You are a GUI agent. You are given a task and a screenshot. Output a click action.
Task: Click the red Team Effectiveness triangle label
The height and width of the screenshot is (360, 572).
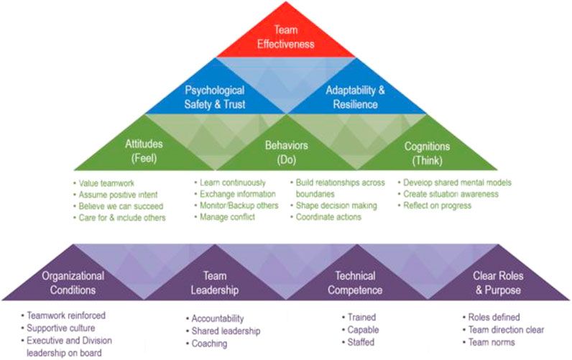[287, 36]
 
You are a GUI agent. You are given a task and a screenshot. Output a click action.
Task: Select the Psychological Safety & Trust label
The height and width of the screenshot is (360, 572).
[215, 97]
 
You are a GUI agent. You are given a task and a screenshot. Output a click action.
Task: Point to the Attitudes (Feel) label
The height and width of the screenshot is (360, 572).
[142, 152]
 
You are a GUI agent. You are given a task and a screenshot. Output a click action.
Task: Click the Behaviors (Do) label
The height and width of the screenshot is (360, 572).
[286, 152]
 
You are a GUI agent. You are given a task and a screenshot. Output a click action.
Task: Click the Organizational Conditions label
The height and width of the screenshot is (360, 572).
[73, 282]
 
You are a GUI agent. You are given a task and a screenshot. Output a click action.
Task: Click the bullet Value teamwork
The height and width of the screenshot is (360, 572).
[107, 183]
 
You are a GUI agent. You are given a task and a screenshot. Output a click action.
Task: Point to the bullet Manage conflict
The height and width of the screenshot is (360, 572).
[228, 217]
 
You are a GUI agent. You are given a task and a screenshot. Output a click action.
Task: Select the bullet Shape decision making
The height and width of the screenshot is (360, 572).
[336, 206]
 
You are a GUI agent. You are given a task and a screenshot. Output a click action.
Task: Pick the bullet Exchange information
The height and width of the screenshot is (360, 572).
[238, 194]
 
